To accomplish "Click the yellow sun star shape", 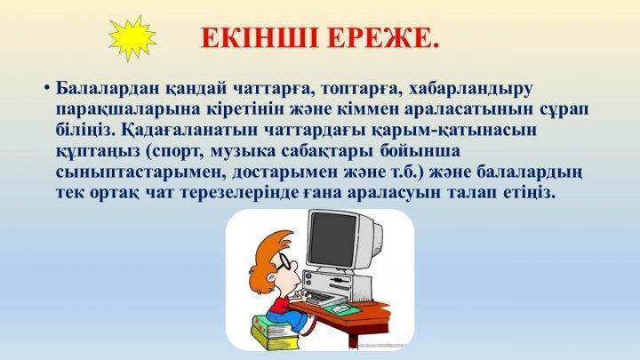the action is (132, 39).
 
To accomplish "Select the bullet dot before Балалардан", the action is (48, 88).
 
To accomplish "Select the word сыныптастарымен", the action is (140, 172).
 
